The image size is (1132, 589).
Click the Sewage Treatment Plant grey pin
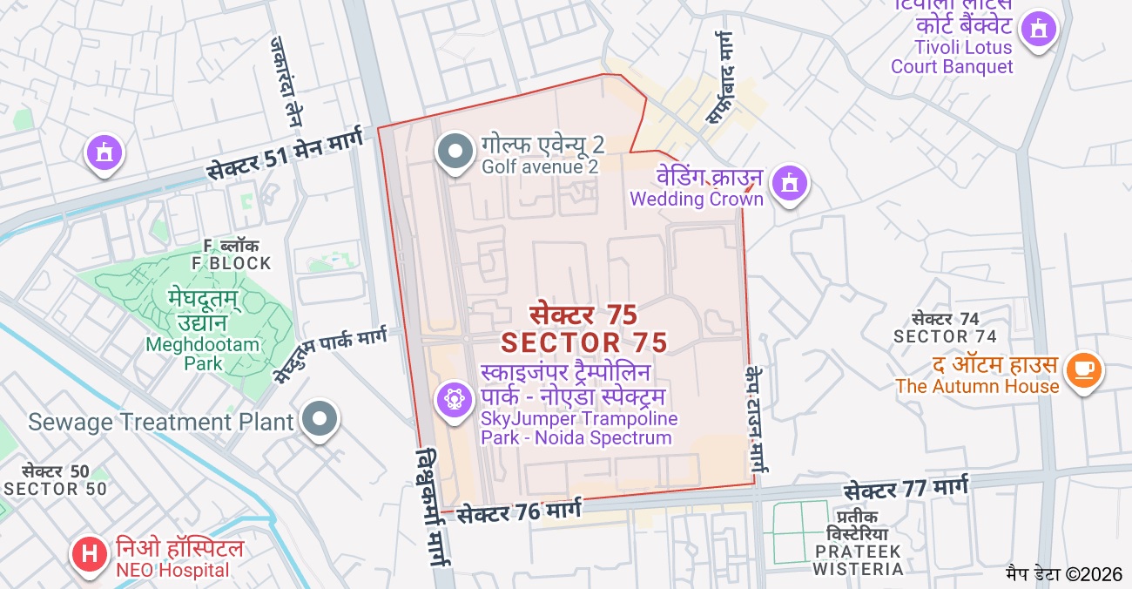tap(320, 419)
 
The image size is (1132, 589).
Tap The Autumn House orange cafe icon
tap(1083, 370)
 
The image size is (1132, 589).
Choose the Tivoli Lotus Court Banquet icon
tap(1037, 30)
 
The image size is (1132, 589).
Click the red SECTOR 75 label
tap(583, 328)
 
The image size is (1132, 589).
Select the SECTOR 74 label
tap(945, 328)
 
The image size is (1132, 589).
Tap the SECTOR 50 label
tap(56, 480)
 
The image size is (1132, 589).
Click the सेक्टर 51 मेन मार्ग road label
tap(286, 157)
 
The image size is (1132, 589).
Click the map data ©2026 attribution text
tap(1064, 574)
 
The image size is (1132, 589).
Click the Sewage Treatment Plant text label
tap(161, 423)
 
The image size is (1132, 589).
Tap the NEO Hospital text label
tap(179, 559)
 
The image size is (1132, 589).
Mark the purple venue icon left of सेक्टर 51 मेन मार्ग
tap(104, 154)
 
